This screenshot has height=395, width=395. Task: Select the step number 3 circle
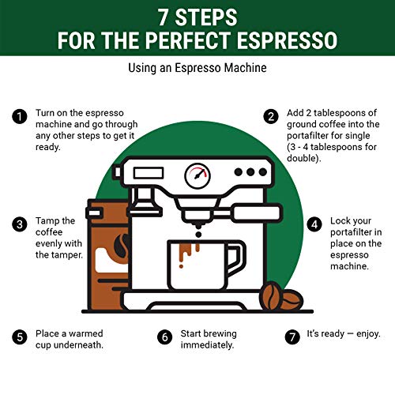[18, 224]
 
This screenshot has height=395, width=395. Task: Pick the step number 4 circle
[314, 224]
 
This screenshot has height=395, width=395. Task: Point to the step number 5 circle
[18, 336]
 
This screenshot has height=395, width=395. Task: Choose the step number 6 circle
[164, 336]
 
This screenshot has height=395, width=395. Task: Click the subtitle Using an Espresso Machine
[197, 69]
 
